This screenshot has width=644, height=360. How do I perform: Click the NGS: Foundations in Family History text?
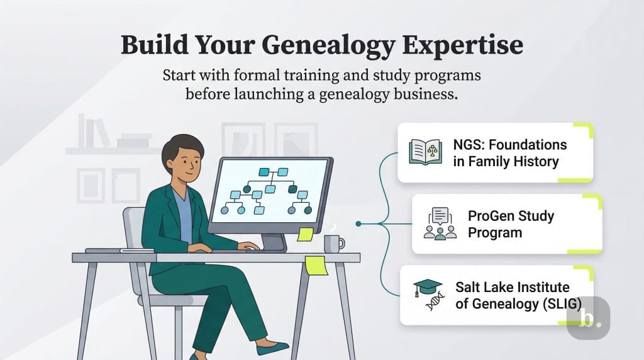pos(509,153)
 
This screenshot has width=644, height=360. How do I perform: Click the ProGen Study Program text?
pos(511,224)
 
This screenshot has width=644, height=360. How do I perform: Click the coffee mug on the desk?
pos(333,242)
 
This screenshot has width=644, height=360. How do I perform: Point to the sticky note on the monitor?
pos(306,234)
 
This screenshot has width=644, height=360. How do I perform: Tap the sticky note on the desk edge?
pos(315,265)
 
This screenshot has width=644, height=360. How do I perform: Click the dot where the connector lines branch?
pos(358,223)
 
